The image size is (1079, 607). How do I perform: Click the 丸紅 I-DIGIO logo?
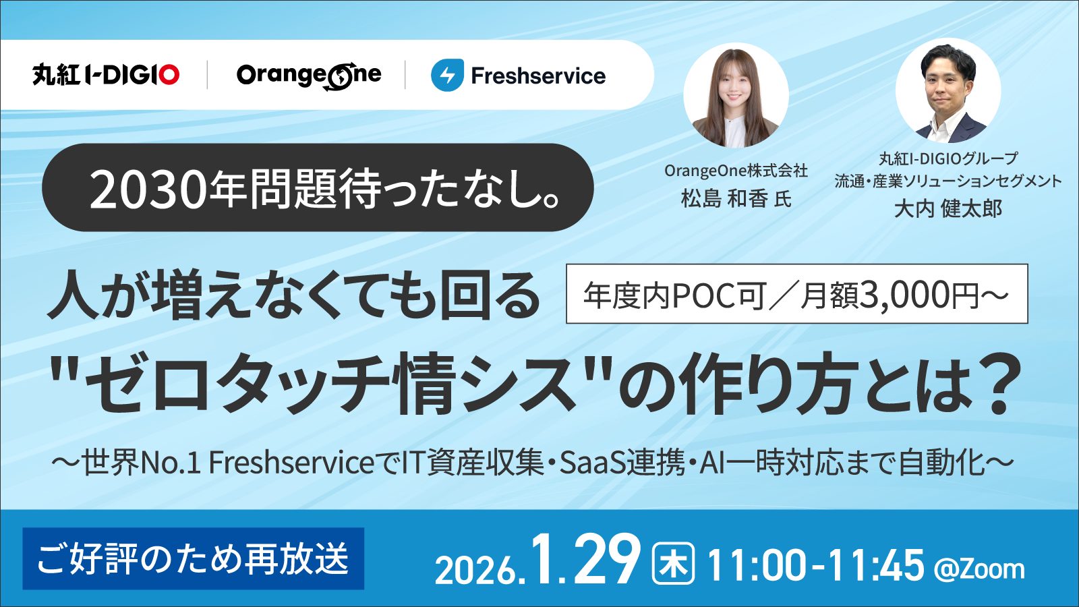(x=106, y=75)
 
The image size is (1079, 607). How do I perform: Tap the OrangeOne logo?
(x=309, y=76)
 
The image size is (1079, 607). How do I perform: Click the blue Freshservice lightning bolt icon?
(x=447, y=76)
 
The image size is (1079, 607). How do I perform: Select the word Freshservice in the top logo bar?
(x=538, y=76)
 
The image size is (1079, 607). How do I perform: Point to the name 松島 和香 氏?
(x=736, y=199)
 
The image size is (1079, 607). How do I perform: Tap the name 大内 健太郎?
(x=947, y=208)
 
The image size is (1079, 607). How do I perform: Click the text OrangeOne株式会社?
(x=736, y=171)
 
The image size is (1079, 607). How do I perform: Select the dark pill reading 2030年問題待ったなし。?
(x=318, y=188)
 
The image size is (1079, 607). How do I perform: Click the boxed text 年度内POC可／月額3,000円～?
(x=796, y=294)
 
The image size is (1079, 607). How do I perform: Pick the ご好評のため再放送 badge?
(x=194, y=558)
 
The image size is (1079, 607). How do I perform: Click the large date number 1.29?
(x=585, y=561)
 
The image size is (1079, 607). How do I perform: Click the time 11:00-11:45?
(x=815, y=565)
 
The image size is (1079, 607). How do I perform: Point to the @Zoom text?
(x=979, y=569)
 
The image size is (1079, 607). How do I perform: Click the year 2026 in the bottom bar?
(x=475, y=570)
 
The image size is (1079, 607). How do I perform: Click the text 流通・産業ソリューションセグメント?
(x=947, y=181)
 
